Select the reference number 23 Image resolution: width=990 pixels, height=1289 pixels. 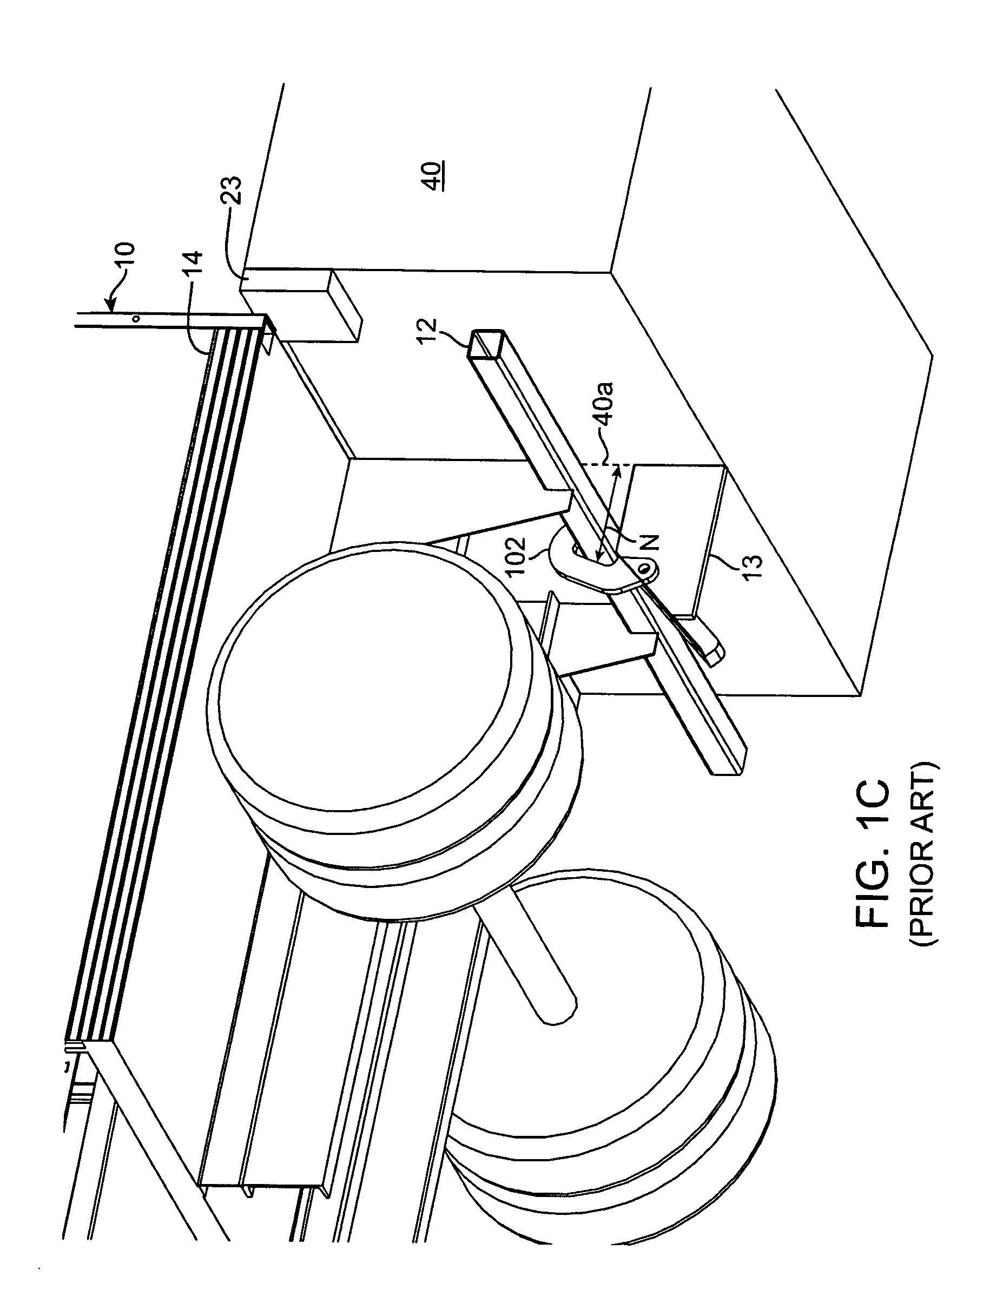point(234,190)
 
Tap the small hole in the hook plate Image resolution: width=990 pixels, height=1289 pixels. point(647,568)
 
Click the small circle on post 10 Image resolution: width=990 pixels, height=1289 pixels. point(136,319)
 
